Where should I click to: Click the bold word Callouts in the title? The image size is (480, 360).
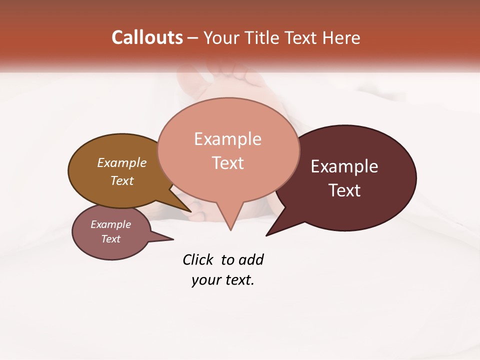click(147, 37)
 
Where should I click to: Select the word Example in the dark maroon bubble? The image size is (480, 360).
click(344, 166)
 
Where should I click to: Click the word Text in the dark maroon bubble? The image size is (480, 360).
click(345, 190)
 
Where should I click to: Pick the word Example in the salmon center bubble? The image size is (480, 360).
click(227, 139)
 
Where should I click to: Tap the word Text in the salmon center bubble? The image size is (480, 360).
click(228, 163)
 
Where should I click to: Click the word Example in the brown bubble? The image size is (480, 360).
click(122, 163)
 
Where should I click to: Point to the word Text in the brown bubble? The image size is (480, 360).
click(122, 180)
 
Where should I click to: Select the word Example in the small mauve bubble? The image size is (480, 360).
click(111, 224)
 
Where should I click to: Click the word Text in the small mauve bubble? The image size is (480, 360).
click(111, 239)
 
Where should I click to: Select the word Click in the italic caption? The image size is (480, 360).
click(198, 259)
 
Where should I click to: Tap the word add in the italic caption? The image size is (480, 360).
click(250, 259)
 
